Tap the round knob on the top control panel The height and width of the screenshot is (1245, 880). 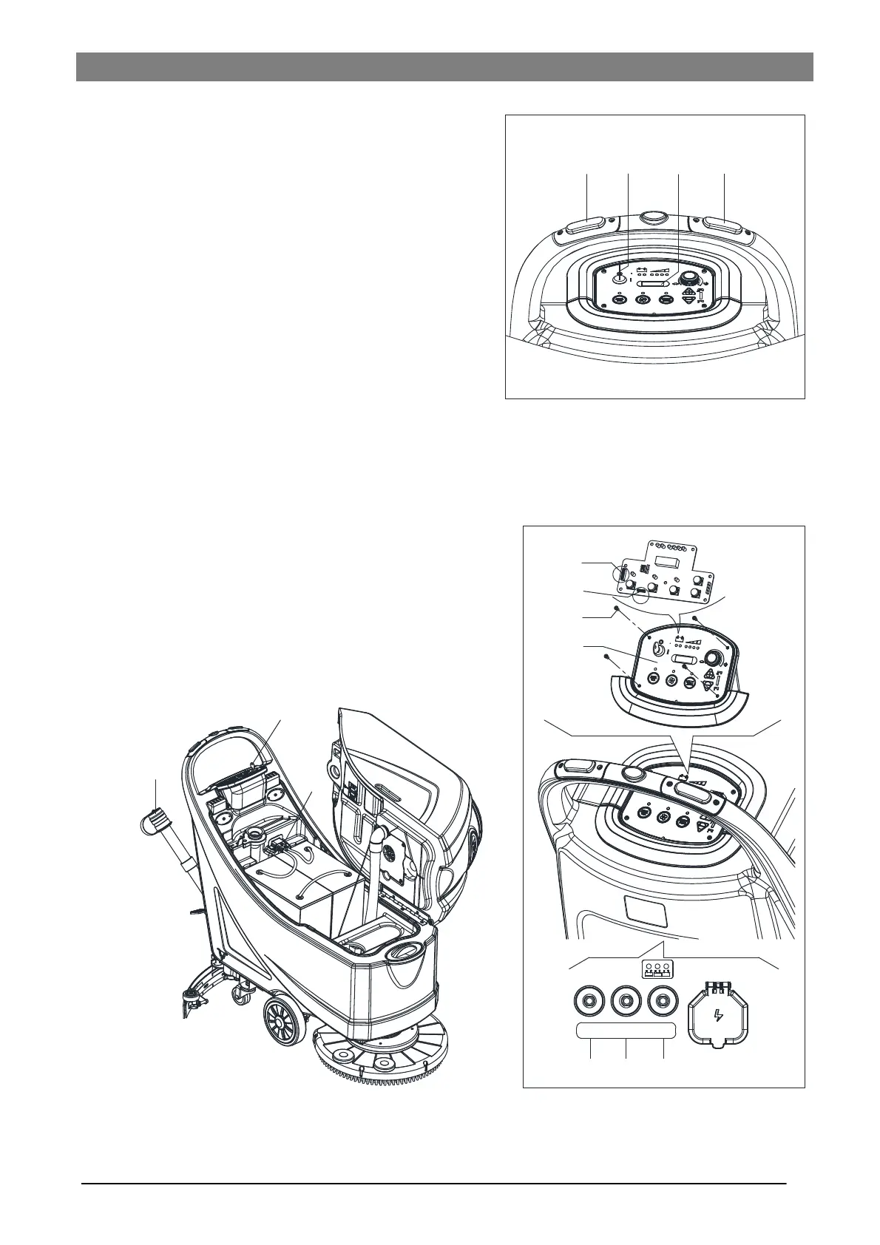(x=689, y=277)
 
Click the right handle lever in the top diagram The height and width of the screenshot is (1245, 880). (x=724, y=224)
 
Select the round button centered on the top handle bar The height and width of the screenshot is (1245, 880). (x=654, y=217)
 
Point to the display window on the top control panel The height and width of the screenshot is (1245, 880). (x=653, y=284)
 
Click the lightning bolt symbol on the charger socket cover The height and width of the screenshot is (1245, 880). (x=717, y=1014)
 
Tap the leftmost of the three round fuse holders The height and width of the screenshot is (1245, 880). (x=589, y=1001)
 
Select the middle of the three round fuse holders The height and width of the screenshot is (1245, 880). (x=626, y=1001)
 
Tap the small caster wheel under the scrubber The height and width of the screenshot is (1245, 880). (x=241, y=997)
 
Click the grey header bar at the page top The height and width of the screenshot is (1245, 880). (x=444, y=67)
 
